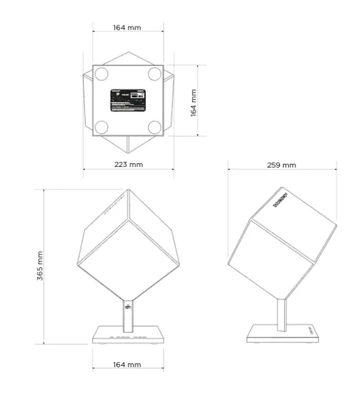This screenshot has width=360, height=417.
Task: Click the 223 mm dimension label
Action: (128, 164)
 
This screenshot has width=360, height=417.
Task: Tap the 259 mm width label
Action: (282, 164)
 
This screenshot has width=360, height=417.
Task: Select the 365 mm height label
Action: (40, 265)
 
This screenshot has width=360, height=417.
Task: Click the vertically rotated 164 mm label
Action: (193, 103)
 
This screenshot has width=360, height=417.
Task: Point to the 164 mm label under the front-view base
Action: (127, 365)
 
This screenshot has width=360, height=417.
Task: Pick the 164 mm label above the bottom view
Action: (127, 28)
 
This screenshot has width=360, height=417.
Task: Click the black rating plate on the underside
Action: (127, 100)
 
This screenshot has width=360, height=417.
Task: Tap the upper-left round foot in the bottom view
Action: (102, 75)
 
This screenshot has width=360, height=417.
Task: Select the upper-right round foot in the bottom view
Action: (154, 75)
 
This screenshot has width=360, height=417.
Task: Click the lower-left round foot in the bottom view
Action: (102, 127)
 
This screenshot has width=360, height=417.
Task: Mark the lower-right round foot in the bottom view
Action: (154, 127)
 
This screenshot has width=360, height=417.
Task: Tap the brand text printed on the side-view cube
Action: (281, 200)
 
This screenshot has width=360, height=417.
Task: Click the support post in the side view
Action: (282, 312)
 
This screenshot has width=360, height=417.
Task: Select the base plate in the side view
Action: (282, 334)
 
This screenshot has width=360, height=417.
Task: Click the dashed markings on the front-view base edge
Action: (128, 338)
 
